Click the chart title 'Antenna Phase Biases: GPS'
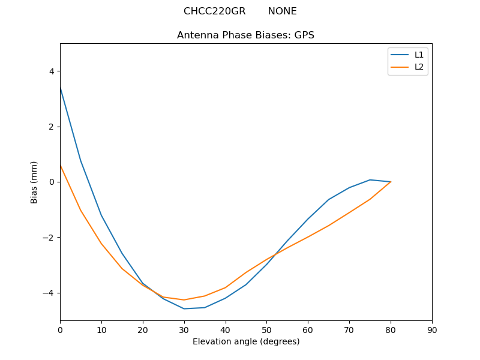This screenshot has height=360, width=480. (245, 35)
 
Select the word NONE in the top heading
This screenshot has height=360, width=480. (282, 11)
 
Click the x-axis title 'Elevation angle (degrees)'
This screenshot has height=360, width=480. (246, 341)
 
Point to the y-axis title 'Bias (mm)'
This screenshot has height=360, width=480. (34, 182)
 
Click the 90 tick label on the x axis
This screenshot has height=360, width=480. (432, 330)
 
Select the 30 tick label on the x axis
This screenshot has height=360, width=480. (184, 330)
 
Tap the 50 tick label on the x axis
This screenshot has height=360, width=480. (266, 330)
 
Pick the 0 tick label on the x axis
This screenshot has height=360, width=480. (60, 330)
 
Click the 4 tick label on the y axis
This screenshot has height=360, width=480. (51, 71)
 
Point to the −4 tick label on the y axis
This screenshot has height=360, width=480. (48, 293)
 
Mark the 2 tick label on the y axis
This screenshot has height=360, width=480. (51, 127)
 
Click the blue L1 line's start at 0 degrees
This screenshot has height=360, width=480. (60, 87)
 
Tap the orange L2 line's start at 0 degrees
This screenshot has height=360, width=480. (60, 165)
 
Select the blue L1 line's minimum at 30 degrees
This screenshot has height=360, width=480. (184, 308)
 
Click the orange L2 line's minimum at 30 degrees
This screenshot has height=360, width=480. (184, 299)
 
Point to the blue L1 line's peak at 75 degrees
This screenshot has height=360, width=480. (370, 180)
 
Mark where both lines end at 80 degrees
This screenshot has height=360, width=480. (391, 182)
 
